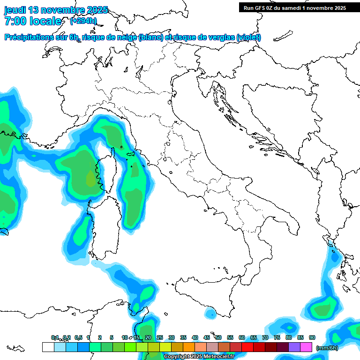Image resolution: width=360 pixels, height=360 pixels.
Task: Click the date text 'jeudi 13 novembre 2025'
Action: (x=56, y=10)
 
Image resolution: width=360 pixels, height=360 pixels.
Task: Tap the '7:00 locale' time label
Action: (x=33, y=21)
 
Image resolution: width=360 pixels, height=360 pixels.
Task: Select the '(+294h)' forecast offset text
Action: (x=83, y=21)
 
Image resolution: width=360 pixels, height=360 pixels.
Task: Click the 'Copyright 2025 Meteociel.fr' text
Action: (x=199, y=357)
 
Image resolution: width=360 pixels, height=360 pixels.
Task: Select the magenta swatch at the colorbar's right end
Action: (x=306, y=347)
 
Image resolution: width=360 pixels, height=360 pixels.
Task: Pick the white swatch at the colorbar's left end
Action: (x=48, y=347)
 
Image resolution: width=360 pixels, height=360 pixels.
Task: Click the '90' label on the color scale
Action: (x=312, y=337)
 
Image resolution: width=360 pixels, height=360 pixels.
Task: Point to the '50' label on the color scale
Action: (x=218, y=337)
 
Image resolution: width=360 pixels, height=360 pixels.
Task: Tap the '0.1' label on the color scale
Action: (x=55, y=337)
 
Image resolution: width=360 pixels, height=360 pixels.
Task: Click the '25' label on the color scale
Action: (x=160, y=337)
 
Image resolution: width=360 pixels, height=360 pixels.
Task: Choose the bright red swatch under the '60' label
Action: (x=247, y=347)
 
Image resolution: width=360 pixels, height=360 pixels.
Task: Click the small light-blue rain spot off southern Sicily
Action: (x=210, y=312)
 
